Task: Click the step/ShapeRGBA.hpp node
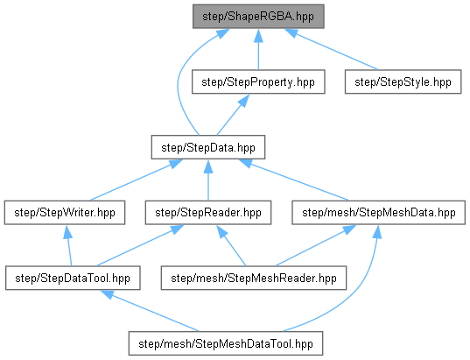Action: (x=258, y=17)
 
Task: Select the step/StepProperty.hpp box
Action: (x=258, y=82)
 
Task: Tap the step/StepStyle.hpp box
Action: (x=403, y=82)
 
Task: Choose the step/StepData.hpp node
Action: (x=208, y=147)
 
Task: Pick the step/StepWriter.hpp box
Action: (x=65, y=213)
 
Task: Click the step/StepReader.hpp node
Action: (x=208, y=213)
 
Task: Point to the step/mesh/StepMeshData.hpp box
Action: (x=379, y=213)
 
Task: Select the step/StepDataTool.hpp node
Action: (x=73, y=278)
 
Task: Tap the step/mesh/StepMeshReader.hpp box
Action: (x=254, y=278)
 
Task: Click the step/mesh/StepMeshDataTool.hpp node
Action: (x=226, y=343)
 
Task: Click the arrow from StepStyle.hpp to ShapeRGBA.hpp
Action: (x=331, y=49)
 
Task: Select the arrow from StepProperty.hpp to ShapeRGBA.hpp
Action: (x=258, y=49)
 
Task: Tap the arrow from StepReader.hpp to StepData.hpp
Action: (x=208, y=180)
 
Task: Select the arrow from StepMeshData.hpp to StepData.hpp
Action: (x=294, y=180)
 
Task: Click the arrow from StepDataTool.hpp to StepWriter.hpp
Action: (x=69, y=245)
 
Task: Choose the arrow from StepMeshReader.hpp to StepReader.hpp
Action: (x=231, y=245)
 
